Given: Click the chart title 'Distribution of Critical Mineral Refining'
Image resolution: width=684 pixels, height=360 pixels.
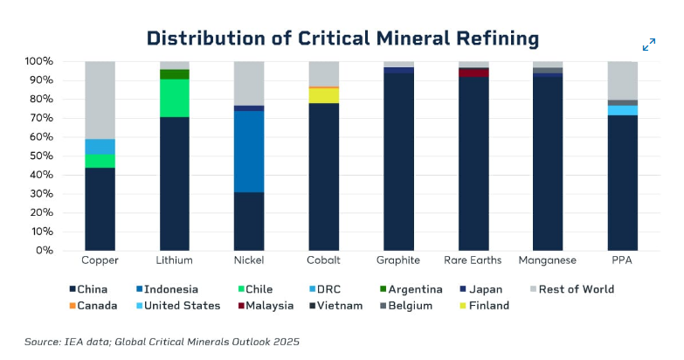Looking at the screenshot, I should pyautogui.click(x=342, y=38).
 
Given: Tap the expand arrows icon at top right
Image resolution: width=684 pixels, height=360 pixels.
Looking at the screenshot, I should pyautogui.click(x=649, y=45).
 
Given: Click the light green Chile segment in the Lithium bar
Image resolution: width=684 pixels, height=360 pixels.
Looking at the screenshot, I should pyautogui.click(x=175, y=98).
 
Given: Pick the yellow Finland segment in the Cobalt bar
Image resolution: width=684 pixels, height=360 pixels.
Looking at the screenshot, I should pyautogui.click(x=324, y=95).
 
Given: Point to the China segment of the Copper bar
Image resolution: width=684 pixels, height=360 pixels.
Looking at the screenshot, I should pyautogui.click(x=100, y=209).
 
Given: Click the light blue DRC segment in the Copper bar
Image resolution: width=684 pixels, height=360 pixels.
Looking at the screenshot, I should pyautogui.click(x=100, y=146).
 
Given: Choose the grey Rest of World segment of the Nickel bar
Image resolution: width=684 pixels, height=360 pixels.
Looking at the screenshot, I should pyautogui.click(x=250, y=83).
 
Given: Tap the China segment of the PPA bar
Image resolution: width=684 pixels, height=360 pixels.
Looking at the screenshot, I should pyautogui.click(x=622, y=183).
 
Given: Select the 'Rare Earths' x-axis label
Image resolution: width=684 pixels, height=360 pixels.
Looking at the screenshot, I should pyautogui.click(x=473, y=260).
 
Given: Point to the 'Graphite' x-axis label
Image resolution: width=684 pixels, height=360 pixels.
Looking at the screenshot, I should pyautogui.click(x=398, y=260).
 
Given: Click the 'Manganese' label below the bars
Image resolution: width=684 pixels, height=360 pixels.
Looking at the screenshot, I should pyautogui.click(x=547, y=260).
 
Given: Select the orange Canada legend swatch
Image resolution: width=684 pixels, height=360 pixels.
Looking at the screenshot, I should pyautogui.click(x=72, y=306).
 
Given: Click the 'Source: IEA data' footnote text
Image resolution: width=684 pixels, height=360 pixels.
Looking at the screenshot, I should pyautogui.click(x=162, y=341).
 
